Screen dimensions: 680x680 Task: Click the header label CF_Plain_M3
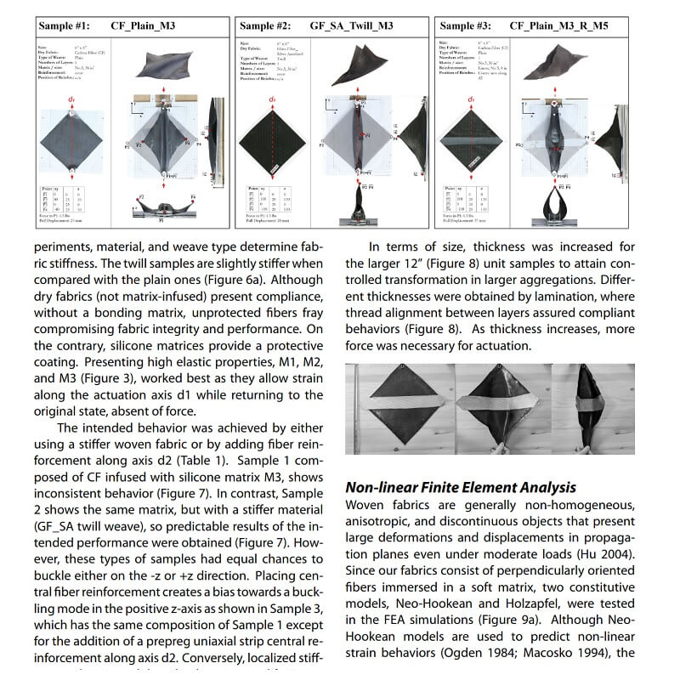tap(144, 25)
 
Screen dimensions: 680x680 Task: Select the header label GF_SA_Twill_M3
tap(351, 25)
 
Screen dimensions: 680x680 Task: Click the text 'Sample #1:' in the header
tap(67, 25)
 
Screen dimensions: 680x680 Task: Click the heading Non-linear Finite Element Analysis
tap(460, 487)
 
